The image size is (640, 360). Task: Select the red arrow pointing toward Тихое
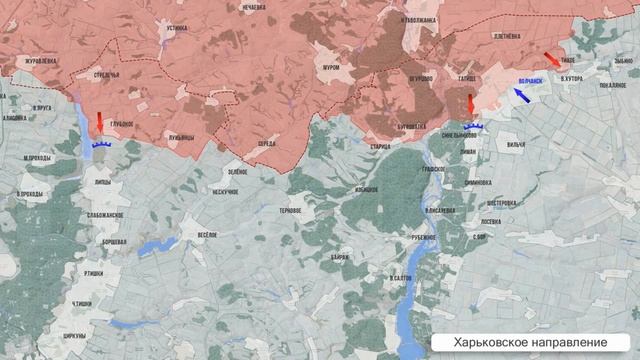click(x=552, y=60)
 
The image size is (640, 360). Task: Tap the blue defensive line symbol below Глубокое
click(x=100, y=144)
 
